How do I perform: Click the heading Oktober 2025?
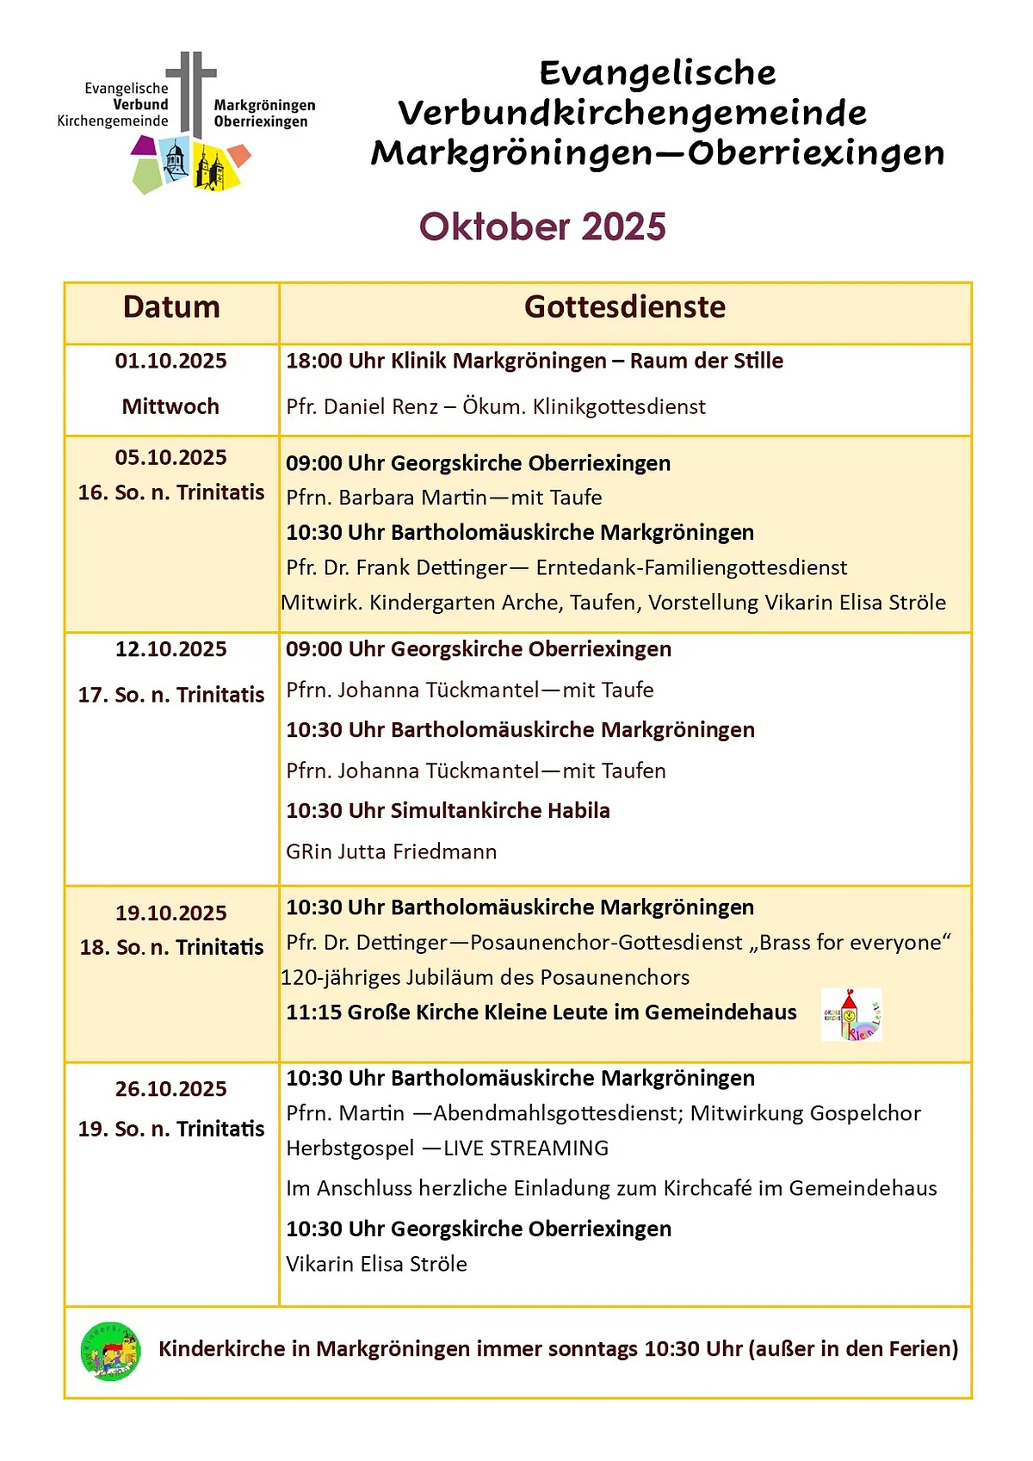tap(542, 227)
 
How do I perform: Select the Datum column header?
tap(171, 307)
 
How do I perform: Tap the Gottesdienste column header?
tap(625, 307)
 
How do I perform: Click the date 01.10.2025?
tap(171, 361)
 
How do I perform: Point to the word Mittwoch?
tap(170, 406)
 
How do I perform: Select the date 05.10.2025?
tap(171, 457)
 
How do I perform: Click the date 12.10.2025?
tap(171, 649)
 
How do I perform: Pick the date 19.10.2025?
tap(171, 913)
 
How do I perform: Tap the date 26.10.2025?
tap(171, 1089)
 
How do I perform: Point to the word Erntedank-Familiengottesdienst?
tap(691, 567)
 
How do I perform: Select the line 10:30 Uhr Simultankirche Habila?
tap(448, 811)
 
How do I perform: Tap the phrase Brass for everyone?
tap(851, 943)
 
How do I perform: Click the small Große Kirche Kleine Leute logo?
tap(851, 1015)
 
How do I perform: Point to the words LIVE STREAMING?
tap(526, 1148)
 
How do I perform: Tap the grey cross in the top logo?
tap(191, 90)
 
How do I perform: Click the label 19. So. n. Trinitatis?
tap(171, 1129)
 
